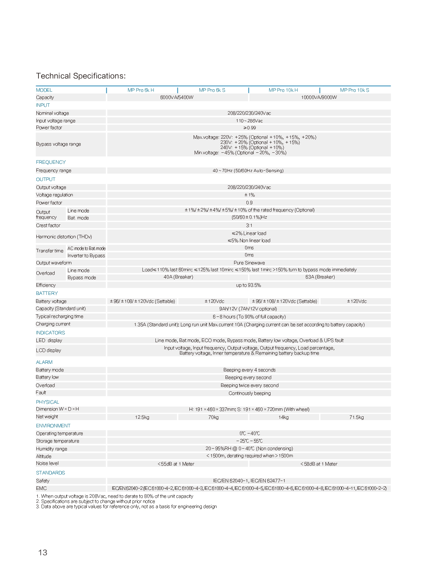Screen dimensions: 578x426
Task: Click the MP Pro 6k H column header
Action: tap(141, 90)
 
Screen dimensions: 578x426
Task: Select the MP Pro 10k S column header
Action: tap(355, 90)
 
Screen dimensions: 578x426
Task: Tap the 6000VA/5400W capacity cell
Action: tap(177, 97)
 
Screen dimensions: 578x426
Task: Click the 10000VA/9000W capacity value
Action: tap(319, 97)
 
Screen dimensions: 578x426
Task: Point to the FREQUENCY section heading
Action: tap(51, 162)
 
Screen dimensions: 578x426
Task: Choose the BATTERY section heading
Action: tap(47, 293)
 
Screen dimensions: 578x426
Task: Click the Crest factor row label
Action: tap(48, 226)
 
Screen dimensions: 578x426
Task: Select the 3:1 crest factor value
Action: tap(249, 226)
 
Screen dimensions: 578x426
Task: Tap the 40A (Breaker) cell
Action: tap(178, 277)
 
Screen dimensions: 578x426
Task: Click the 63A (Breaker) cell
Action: tap(320, 277)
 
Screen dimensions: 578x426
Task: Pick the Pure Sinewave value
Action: tap(249, 263)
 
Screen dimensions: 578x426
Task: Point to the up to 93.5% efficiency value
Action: tap(249, 285)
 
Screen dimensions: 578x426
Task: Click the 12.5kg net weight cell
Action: tap(142, 417)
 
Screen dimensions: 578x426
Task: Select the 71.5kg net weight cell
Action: tap(356, 417)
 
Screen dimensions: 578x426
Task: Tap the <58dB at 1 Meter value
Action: tap(319, 464)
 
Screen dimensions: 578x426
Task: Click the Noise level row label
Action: tap(47, 463)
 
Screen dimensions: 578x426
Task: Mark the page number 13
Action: tap(43, 553)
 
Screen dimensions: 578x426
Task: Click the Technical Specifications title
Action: tap(81, 76)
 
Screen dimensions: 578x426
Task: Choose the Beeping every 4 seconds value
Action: tap(249, 370)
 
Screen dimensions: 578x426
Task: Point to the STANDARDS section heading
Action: tap(50, 473)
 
